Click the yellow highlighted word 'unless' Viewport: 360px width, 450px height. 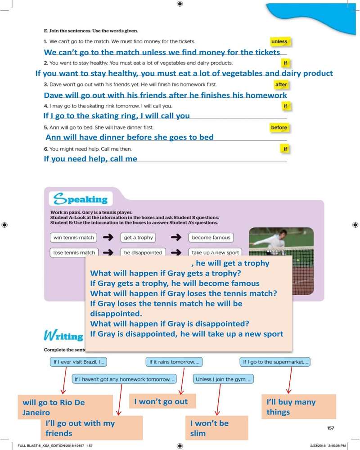(279, 42)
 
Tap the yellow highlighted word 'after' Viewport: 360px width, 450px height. (281, 85)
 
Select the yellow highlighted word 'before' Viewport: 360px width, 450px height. (279, 128)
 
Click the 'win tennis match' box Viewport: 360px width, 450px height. (74, 238)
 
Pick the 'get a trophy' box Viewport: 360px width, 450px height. (139, 238)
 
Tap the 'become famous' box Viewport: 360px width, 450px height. (211, 238)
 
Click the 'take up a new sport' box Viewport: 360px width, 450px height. (214, 252)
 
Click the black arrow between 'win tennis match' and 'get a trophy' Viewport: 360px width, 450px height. (108, 238)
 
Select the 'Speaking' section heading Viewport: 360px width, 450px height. (81, 199)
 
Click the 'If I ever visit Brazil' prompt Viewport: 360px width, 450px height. (79, 362)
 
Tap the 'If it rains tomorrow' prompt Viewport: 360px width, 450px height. (174, 362)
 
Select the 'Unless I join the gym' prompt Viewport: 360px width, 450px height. (223, 379)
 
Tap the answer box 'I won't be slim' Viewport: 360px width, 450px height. (216, 428)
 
